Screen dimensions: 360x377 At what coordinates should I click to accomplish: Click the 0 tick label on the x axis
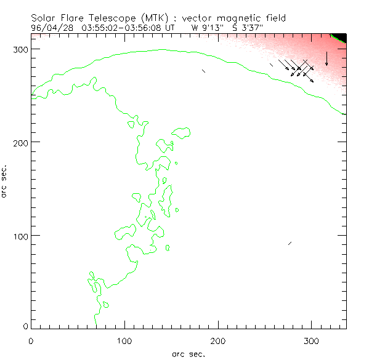[31, 340]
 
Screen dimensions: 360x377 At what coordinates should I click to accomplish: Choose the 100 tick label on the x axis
[124, 340]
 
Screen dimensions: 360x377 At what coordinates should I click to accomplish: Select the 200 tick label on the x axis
[218, 340]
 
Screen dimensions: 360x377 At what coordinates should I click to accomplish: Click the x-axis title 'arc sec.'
[188, 354]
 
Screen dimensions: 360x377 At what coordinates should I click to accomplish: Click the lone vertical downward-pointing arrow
[326, 58]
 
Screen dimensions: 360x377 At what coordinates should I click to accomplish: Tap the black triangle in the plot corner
[341, 38]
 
